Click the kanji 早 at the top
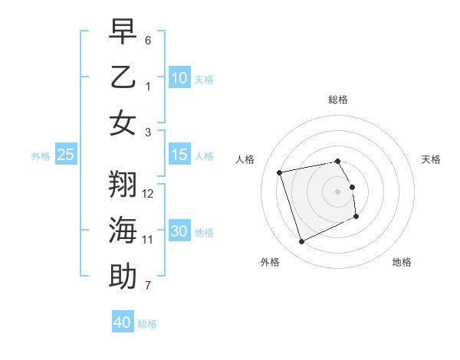(x=123, y=31)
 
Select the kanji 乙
(x=123, y=77)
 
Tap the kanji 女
(x=123, y=123)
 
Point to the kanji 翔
(x=123, y=185)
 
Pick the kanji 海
(x=123, y=231)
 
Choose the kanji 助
(x=123, y=277)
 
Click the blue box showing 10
(x=179, y=77)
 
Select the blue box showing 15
(x=179, y=155)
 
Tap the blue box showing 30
(x=179, y=231)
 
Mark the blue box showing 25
(x=66, y=155)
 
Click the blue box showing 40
(x=123, y=322)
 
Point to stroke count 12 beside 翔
(x=149, y=194)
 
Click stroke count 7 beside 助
(x=149, y=286)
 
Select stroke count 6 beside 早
(x=148, y=40)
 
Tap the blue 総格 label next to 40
(x=147, y=324)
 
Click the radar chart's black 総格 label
(x=338, y=100)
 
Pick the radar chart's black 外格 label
(x=270, y=262)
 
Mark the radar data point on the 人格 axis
(x=280, y=172)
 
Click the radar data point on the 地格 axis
(x=356, y=217)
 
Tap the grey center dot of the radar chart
(x=338, y=191)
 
